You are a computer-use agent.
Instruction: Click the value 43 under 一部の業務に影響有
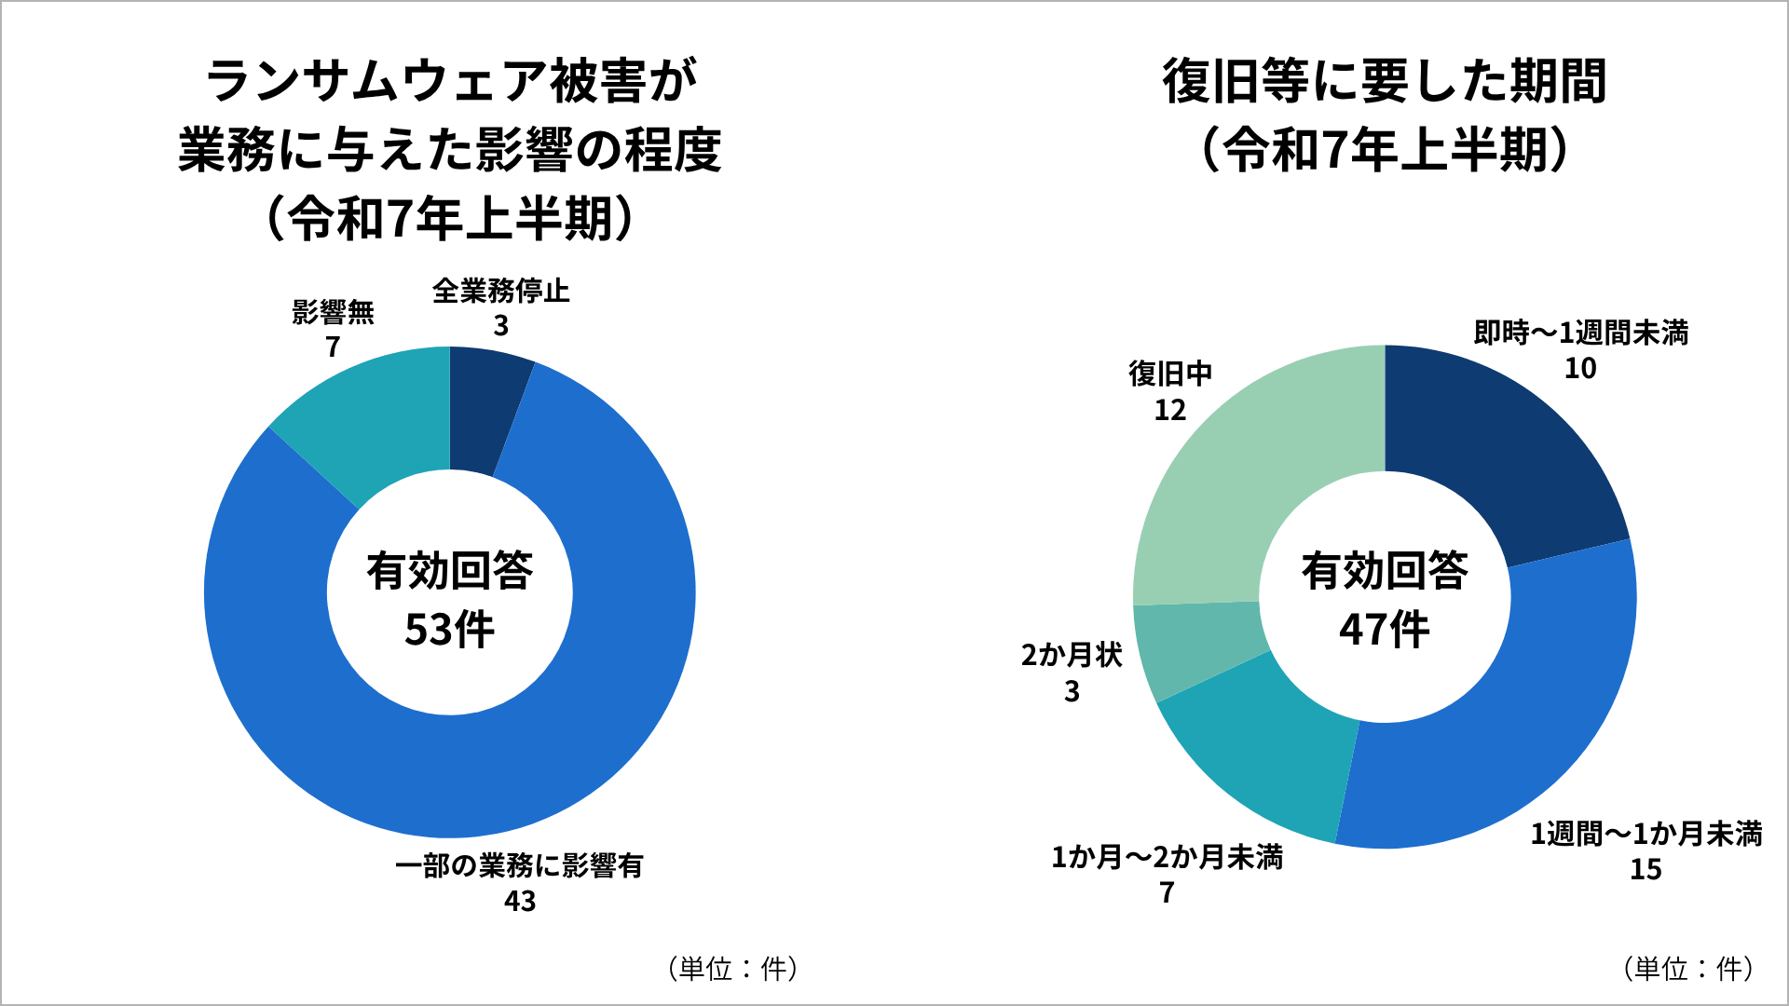520,902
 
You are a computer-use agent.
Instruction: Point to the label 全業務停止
500,292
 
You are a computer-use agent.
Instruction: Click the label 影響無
333,312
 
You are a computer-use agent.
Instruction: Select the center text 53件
449,630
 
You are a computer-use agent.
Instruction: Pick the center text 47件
1384,630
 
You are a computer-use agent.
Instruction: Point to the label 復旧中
1170,374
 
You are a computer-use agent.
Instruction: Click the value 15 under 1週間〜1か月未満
1646,869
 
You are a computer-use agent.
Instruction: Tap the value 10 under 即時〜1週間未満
1580,369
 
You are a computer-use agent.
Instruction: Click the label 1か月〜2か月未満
1167,857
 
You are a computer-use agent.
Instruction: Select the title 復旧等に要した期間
1384,82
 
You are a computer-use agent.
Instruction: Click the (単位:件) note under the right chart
1688,969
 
